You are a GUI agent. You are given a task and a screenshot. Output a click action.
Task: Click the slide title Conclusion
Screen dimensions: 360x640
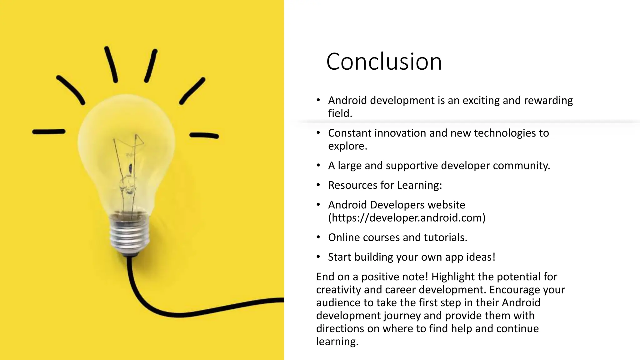point(384,62)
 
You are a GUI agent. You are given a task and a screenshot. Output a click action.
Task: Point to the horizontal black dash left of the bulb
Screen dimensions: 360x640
point(49,132)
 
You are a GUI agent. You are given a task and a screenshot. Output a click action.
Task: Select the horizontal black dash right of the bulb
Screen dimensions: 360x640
point(204,135)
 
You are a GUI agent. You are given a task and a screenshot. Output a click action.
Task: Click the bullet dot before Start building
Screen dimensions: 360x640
point(318,257)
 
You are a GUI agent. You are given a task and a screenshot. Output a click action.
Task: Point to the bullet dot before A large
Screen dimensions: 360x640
point(318,165)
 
